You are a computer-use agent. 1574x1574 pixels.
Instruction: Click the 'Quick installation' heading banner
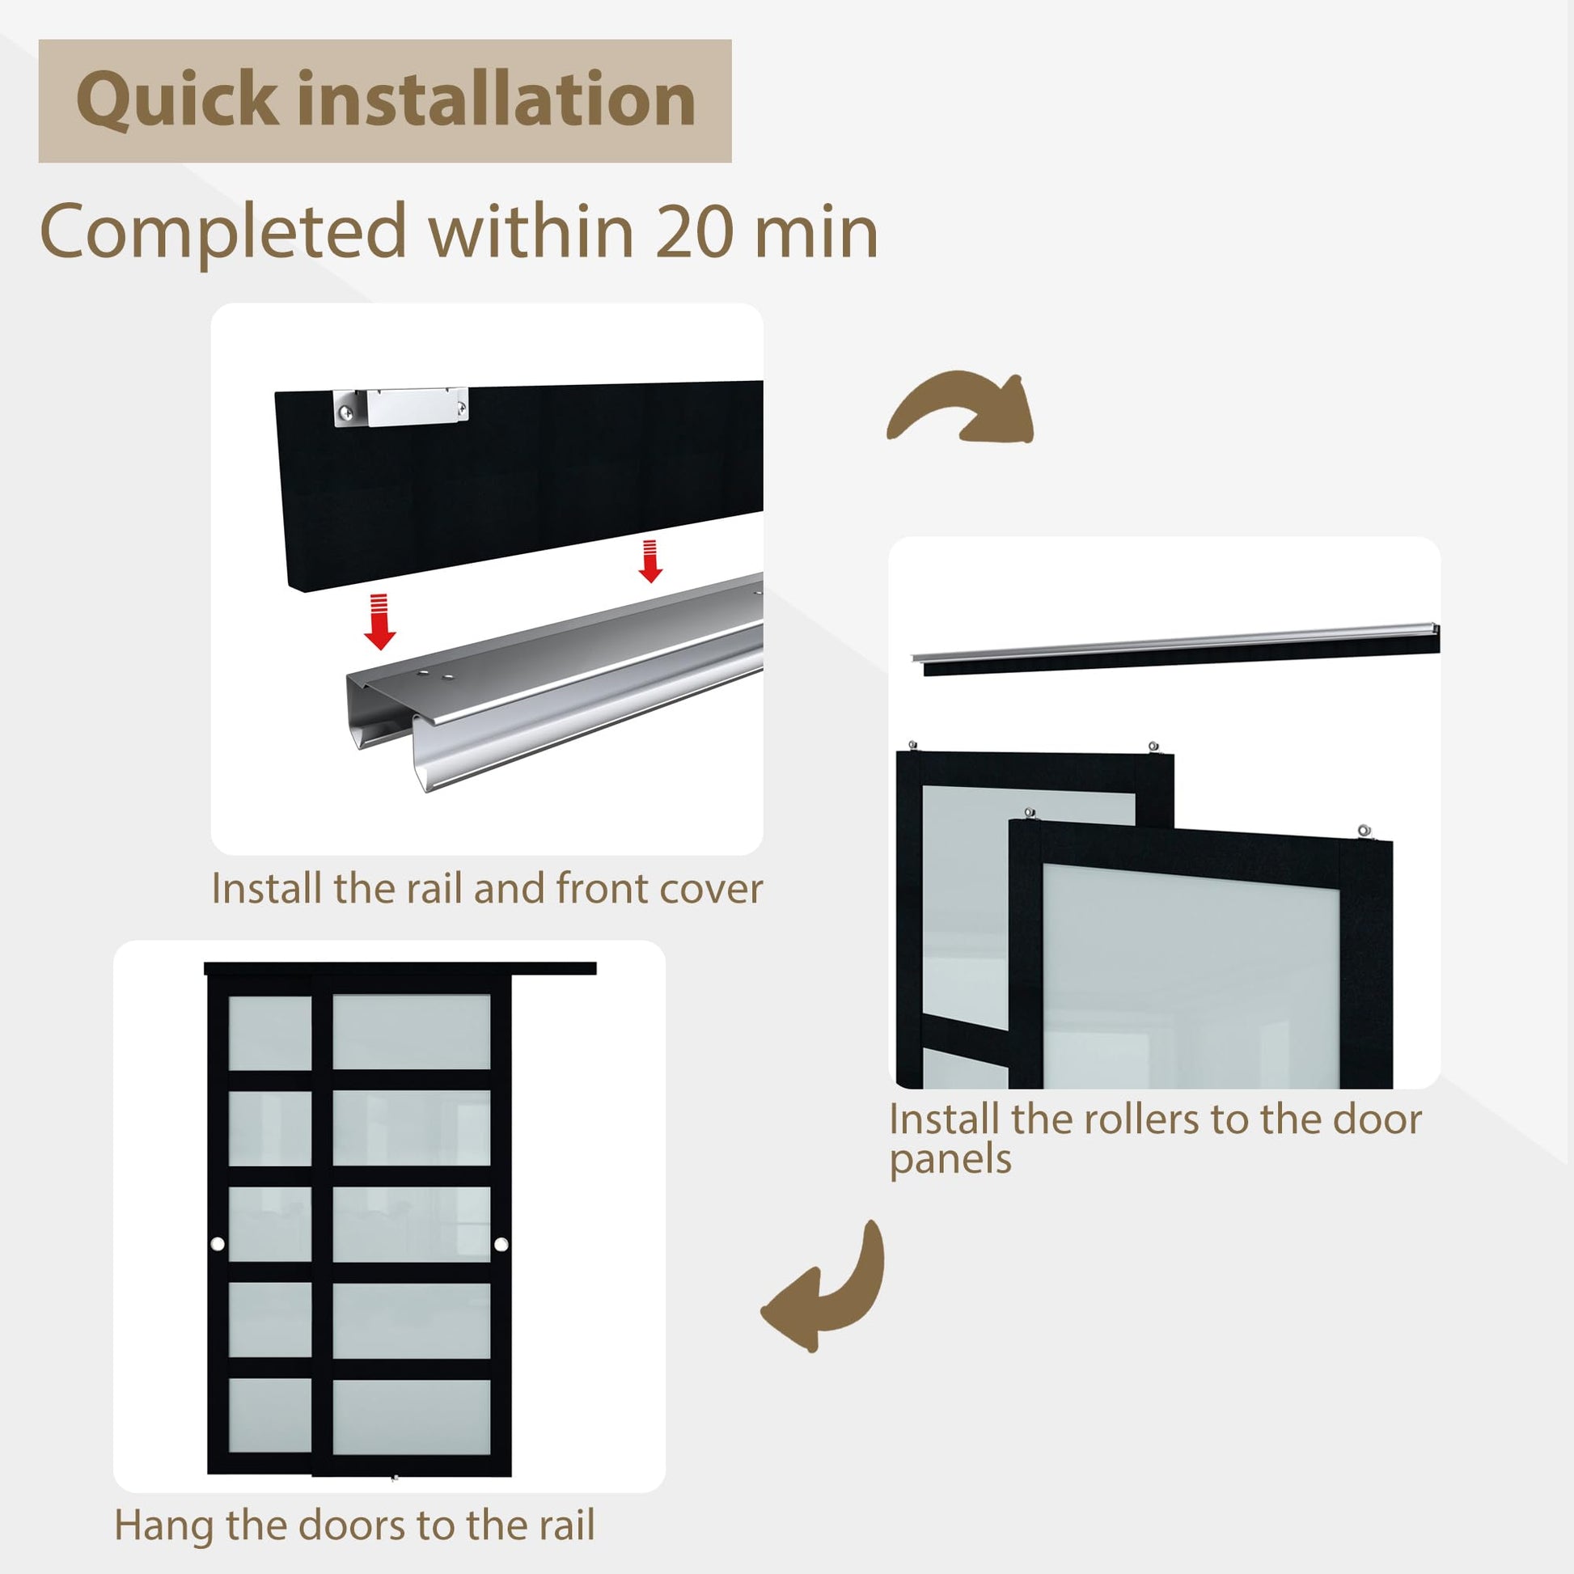[x=384, y=101]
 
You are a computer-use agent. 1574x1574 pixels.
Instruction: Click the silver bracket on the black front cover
[x=402, y=407]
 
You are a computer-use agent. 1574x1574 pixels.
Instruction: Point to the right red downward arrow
[x=649, y=561]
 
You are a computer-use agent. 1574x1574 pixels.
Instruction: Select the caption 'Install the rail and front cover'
[x=486, y=889]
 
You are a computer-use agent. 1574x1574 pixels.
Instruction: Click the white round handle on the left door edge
[x=218, y=1244]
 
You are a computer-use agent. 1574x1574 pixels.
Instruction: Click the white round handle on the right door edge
[x=501, y=1244]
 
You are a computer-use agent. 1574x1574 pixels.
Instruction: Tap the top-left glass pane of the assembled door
[x=269, y=1032]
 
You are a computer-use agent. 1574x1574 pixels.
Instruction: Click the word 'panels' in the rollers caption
[x=950, y=1160]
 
